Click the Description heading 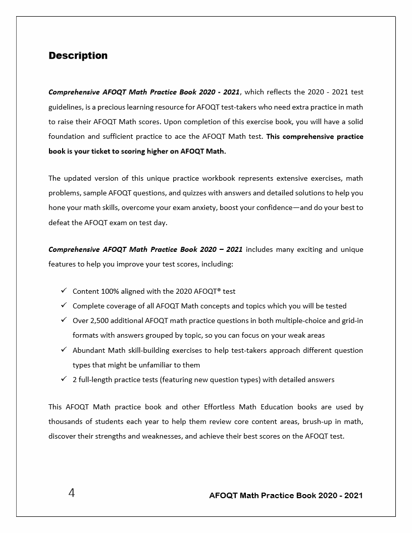click(78, 56)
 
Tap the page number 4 click(72, 493)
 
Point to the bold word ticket click(115, 151)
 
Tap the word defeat click(59, 222)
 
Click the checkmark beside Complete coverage click(64, 305)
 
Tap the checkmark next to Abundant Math click(64, 349)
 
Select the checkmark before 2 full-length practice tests click(64, 379)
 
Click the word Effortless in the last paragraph click(222, 407)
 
